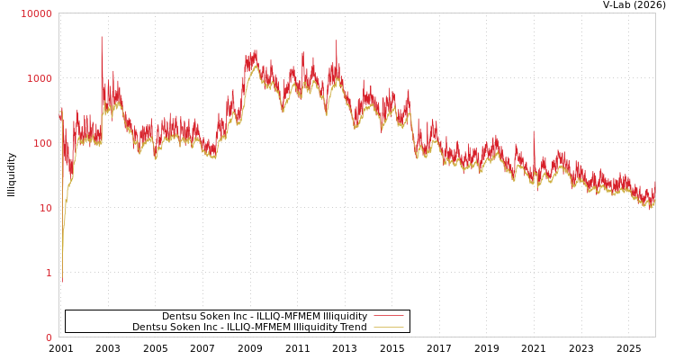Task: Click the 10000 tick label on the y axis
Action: point(36,13)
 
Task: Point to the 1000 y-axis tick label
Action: point(39,78)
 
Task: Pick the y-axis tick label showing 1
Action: point(49,273)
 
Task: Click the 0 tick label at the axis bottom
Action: point(49,337)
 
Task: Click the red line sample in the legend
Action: point(388,316)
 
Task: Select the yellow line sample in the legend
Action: point(388,327)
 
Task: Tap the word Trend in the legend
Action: point(353,327)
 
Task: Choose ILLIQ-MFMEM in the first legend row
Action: point(288,316)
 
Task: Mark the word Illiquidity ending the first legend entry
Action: point(345,316)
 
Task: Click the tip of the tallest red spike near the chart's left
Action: point(101,37)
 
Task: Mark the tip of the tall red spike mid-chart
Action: point(337,40)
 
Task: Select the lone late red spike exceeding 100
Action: point(533,131)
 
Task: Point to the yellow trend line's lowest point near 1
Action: point(62,281)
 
